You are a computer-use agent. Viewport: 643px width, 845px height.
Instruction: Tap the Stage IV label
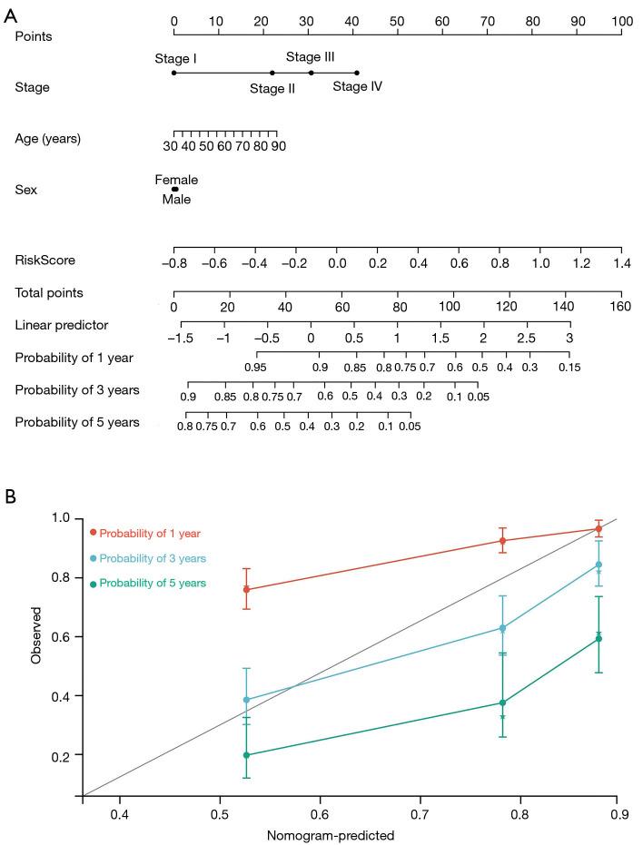click(357, 87)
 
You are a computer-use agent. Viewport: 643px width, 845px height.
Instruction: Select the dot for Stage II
click(272, 73)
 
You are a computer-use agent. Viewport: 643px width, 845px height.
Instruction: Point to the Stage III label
click(311, 57)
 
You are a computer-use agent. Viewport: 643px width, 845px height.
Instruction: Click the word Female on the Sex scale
click(176, 180)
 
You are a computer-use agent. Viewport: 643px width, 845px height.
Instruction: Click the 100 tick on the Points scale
click(621, 20)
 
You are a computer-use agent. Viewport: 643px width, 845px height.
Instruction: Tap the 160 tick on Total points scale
click(621, 306)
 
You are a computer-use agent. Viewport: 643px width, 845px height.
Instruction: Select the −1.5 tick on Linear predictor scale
click(182, 338)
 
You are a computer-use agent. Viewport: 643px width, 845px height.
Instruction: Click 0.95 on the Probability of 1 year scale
click(255, 368)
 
